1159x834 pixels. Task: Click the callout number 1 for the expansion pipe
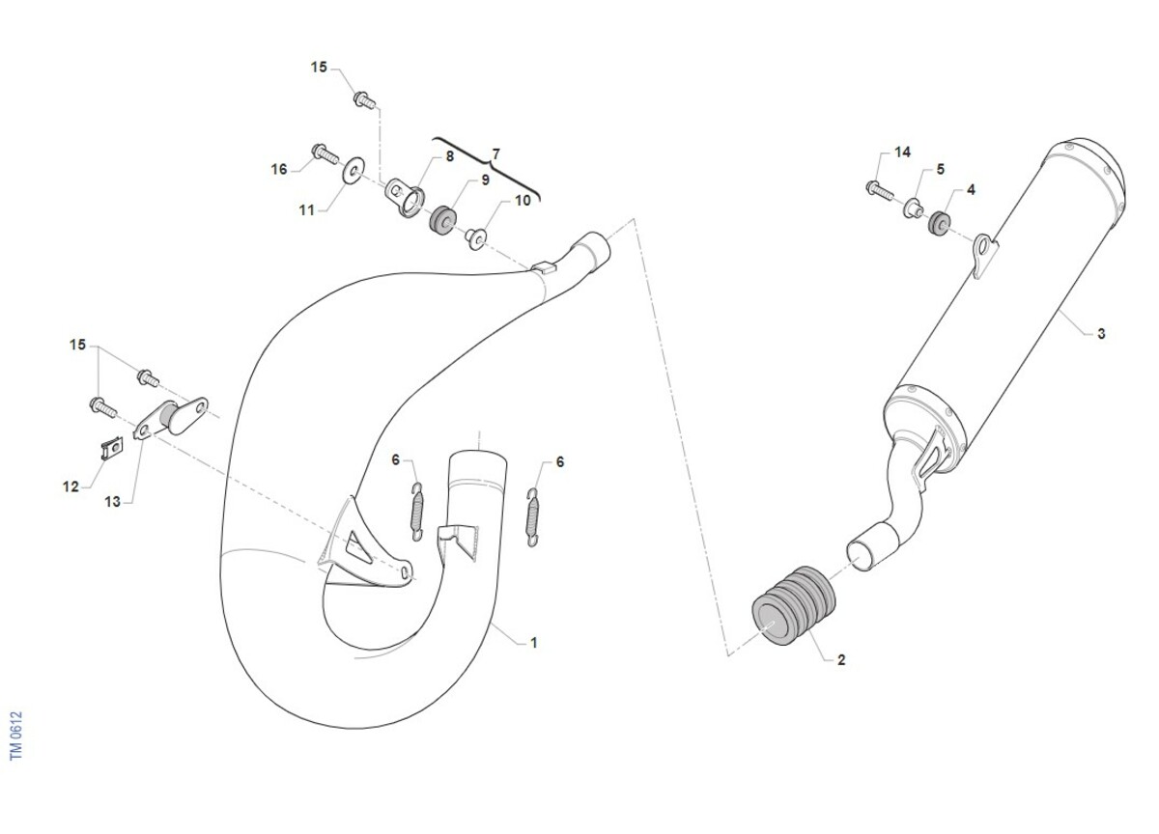point(534,643)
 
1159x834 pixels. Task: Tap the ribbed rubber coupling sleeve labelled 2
point(793,605)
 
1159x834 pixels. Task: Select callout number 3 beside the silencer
point(1101,334)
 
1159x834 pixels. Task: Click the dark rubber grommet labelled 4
point(940,222)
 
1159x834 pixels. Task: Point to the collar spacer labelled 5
point(914,208)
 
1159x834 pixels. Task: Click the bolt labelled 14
point(879,191)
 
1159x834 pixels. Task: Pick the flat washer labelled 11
point(353,170)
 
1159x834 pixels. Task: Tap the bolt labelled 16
point(325,153)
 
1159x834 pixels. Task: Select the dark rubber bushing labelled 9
point(443,220)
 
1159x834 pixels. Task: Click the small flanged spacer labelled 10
point(475,238)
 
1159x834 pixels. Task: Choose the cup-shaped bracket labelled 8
point(405,197)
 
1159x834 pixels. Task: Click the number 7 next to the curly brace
point(495,154)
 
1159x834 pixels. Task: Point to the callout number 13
point(112,502)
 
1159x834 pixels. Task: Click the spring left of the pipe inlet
point(416,512)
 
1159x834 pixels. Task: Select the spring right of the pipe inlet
point(532,516)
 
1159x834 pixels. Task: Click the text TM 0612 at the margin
point(16,736)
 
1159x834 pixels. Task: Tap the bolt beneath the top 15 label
point(364,100)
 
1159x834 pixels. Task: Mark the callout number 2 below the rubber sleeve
point(841,659)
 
